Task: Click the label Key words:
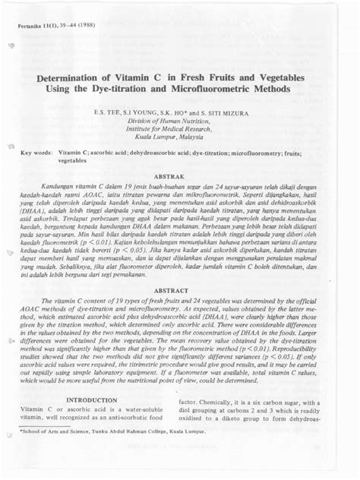(36, 153)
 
